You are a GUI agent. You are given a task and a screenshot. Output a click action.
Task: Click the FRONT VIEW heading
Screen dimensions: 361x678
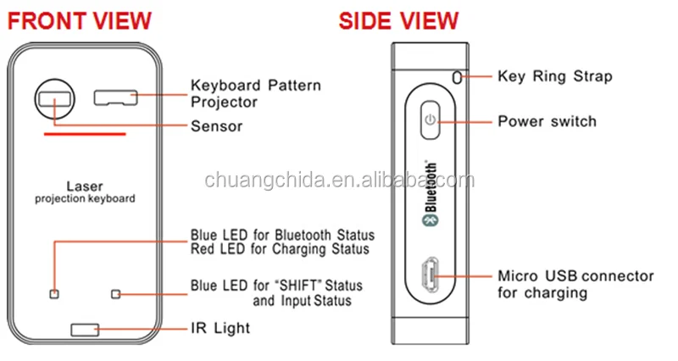[81, 20]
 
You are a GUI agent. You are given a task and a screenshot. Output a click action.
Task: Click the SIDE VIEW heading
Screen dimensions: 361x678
[398, 20]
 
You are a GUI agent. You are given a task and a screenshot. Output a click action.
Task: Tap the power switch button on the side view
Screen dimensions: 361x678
[431, 120]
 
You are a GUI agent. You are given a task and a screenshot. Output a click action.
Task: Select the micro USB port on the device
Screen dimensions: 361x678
[429, 277]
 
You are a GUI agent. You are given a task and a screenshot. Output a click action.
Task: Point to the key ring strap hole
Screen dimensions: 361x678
[458, 77]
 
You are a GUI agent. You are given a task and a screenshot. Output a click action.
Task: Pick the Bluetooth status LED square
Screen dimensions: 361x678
[54, 294]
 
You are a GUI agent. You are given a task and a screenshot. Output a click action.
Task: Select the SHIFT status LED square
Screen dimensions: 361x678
[116, 294]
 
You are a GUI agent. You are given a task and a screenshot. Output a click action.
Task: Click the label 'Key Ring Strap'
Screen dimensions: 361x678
[554, 76]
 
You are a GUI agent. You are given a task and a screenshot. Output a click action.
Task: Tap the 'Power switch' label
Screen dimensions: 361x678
[547, 121]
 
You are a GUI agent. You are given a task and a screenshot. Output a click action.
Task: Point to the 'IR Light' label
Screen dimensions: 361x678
[220, 327]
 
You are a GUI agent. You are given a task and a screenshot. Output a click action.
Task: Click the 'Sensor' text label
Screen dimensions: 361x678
[217, 126]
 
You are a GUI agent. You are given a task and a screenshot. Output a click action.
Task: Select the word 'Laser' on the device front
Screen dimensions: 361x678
[84, 185]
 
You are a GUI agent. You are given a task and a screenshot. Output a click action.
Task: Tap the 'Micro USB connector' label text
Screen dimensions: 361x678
[575, 276]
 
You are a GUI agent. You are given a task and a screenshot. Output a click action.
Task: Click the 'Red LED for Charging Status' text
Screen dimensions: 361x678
[280, 249]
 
